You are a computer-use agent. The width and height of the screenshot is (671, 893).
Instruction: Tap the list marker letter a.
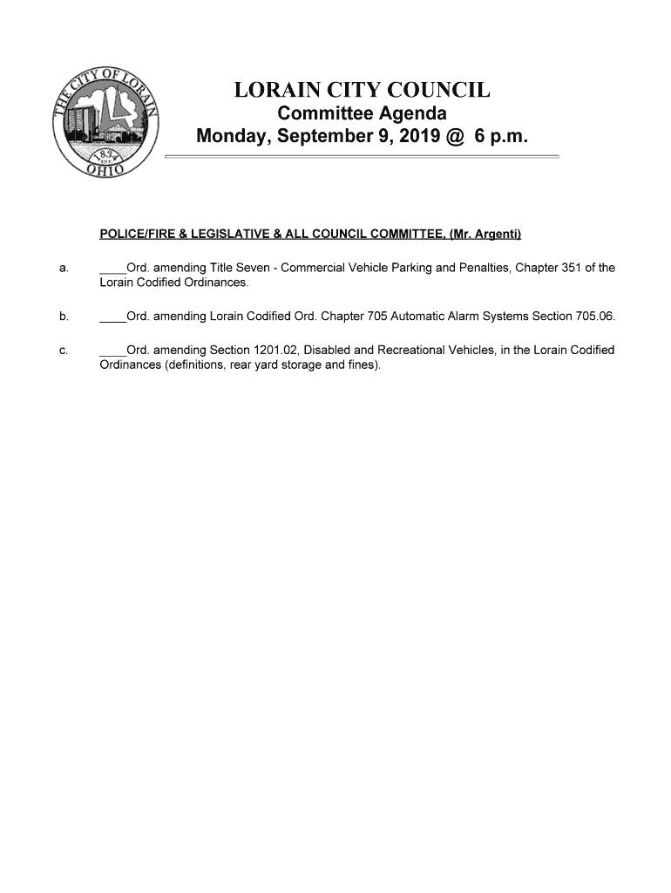[x=64, y=269]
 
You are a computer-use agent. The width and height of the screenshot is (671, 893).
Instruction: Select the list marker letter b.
[x=64, y=317]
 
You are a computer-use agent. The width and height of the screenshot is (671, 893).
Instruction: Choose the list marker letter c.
[x=64, y=351]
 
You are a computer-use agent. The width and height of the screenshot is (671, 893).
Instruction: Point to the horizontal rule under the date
[x=362, y=156]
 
